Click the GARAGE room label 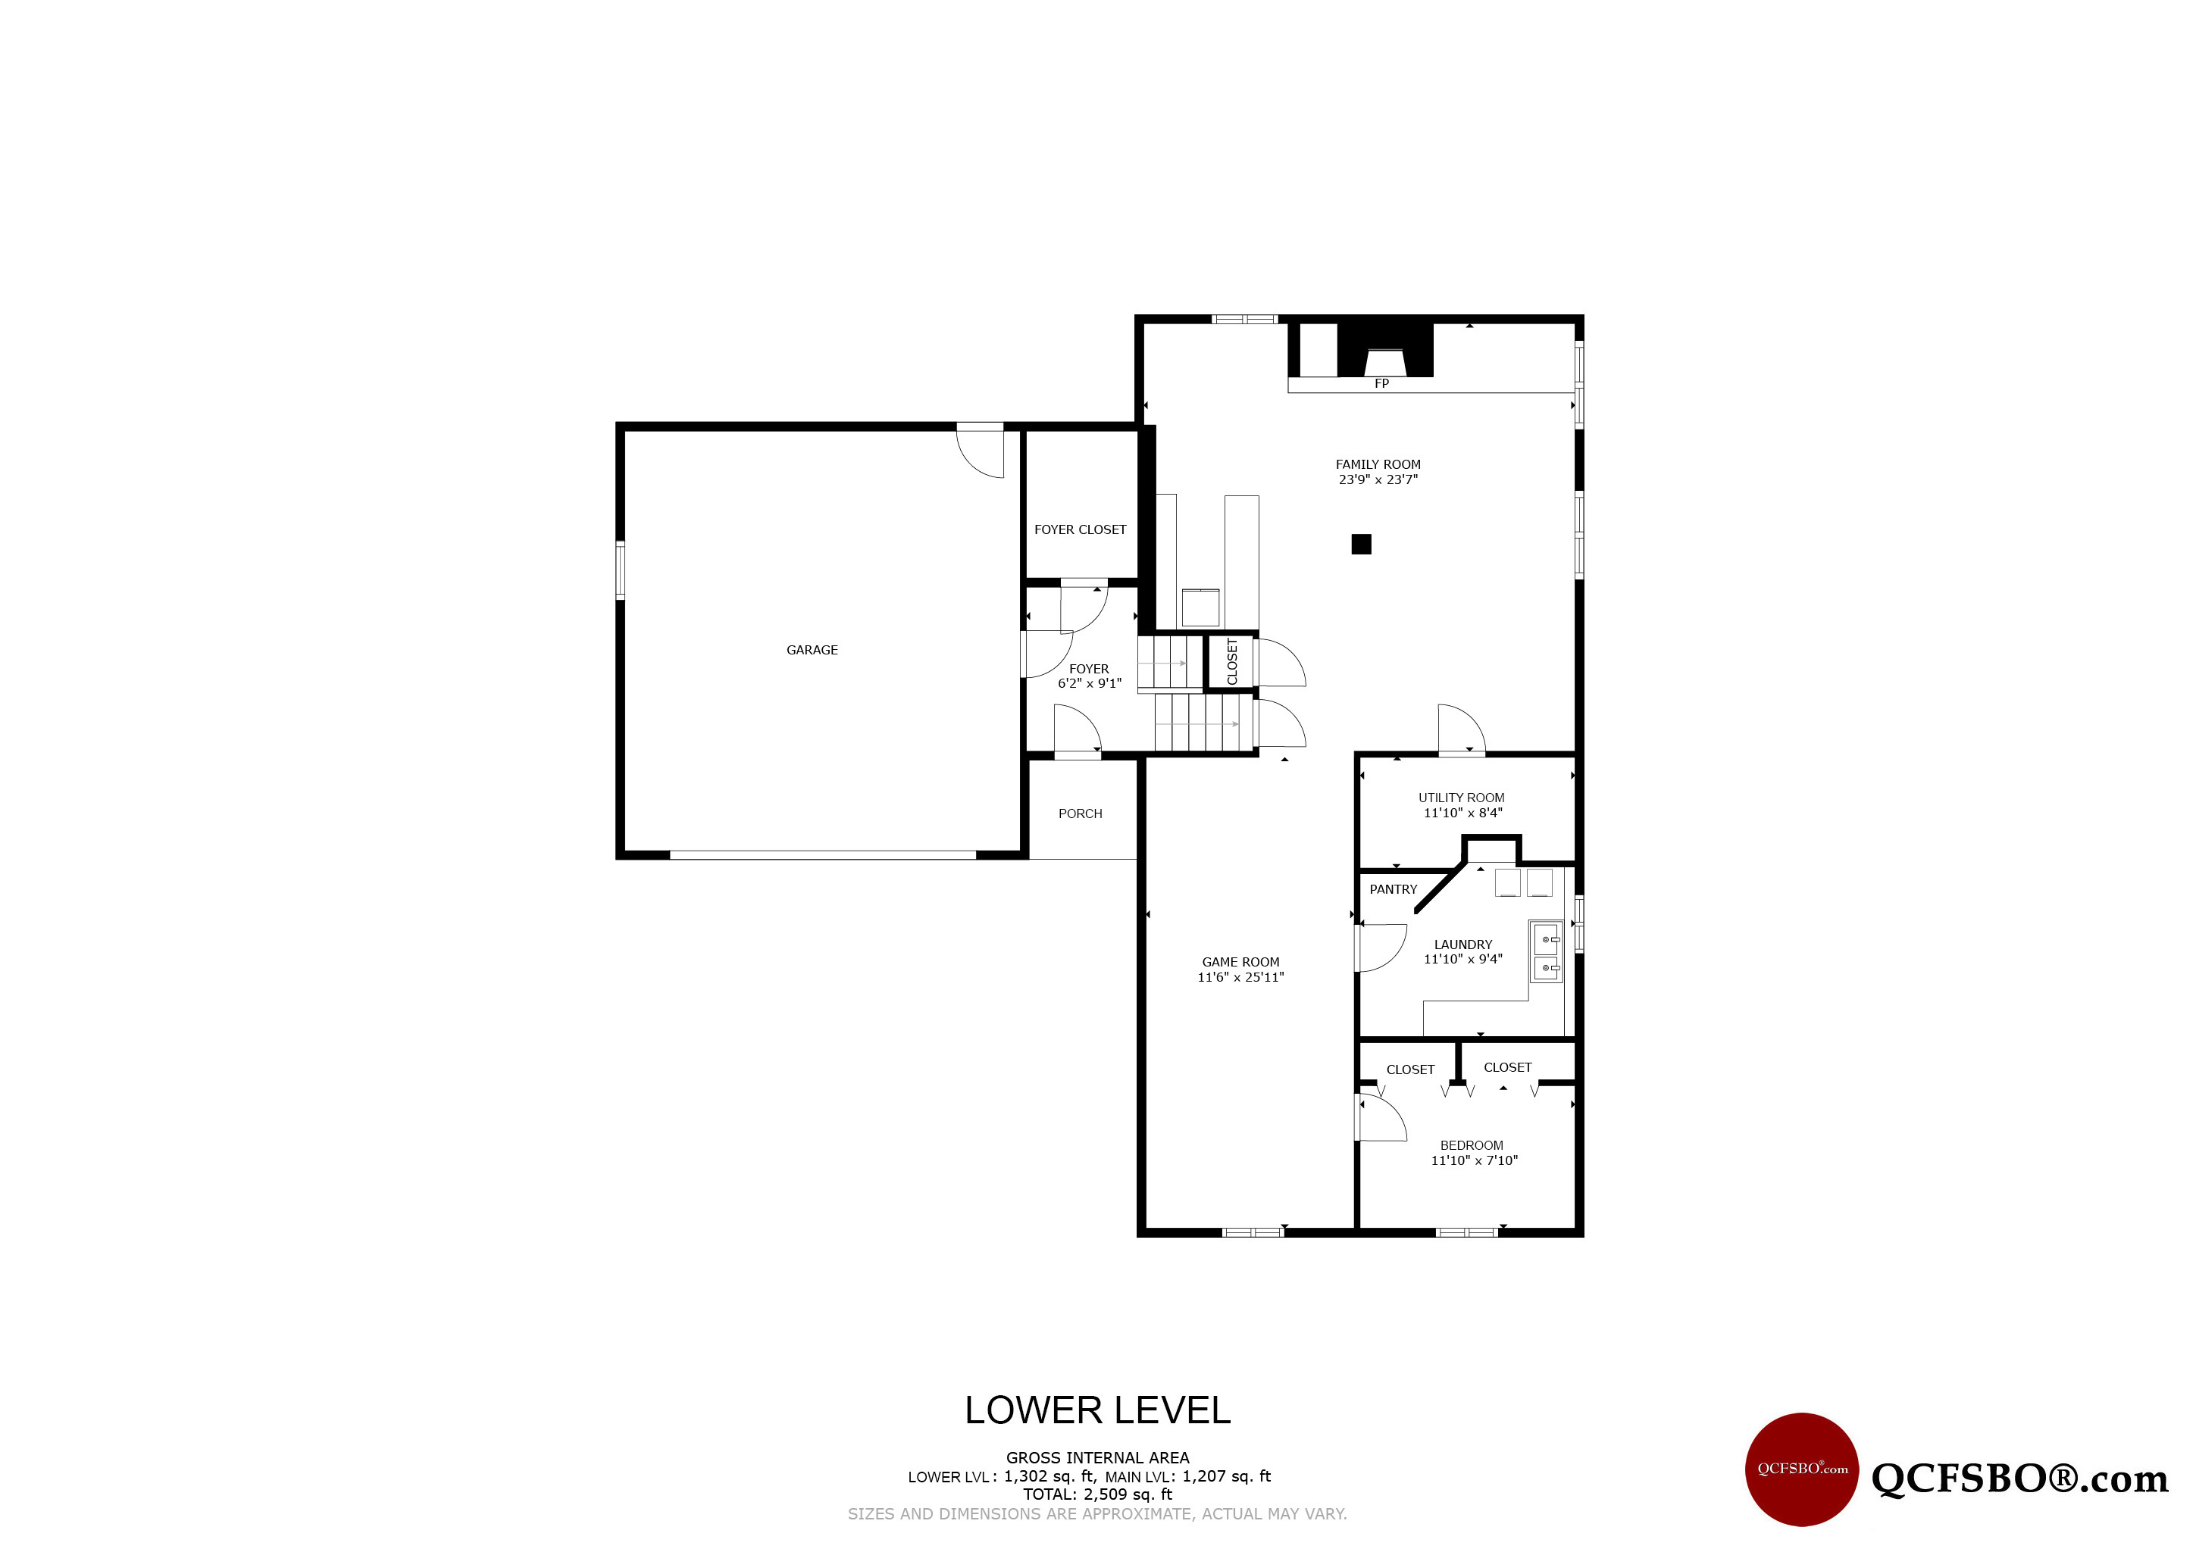812,650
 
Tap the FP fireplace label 1381,383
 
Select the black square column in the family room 1361,544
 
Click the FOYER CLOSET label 1080,529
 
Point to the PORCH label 1080,813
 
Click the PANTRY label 1393,889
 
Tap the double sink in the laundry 1546,951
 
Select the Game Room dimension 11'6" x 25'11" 1240,977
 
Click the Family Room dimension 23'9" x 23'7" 1378,480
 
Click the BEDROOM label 1472,1145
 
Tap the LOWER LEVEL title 1097,1410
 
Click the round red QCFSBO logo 1802,1469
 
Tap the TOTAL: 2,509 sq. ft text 1097,1494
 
